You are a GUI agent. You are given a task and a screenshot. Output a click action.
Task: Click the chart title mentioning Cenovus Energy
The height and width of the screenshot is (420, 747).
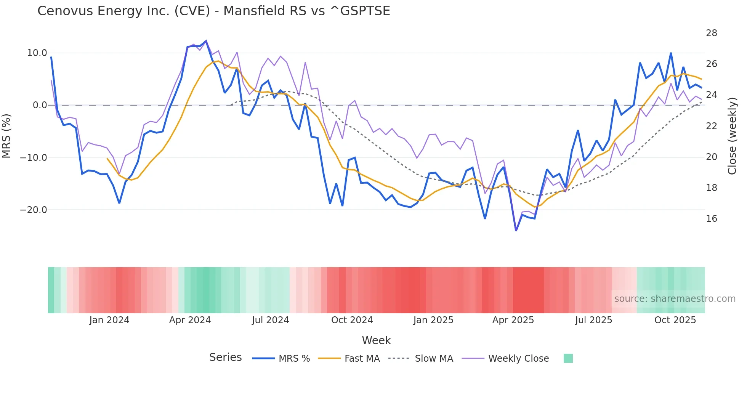pos(213,11)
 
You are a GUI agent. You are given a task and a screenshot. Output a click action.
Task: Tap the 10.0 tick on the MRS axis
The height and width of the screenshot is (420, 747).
pos(37,53)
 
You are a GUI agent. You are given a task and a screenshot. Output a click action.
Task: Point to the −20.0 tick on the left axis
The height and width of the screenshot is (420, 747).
pos(34,210)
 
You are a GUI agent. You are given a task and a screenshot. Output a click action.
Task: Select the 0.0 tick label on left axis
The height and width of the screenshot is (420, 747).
pos(40,105)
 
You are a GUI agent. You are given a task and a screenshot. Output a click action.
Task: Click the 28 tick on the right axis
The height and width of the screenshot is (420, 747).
pos(711,33)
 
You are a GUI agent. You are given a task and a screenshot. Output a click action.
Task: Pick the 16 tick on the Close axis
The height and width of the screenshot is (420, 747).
pos(711,219)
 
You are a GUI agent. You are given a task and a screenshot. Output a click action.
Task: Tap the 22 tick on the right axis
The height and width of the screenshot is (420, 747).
pos(711,126)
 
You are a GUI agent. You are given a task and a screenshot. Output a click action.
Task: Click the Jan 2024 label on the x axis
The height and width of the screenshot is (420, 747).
pos(109,320)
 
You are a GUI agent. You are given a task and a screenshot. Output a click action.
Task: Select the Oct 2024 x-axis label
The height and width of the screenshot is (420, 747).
pos(352,320)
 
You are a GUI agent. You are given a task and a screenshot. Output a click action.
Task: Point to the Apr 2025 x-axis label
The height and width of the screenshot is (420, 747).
pos(513,320)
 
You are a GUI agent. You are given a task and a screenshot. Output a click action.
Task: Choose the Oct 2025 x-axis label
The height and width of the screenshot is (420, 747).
pos(675,320)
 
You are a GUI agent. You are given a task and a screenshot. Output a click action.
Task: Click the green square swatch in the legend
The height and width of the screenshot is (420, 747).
pos(568,358)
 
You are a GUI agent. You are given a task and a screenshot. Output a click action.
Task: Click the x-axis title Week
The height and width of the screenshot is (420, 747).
pos(376,340)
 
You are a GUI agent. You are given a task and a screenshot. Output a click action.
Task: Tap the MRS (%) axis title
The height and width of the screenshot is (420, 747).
pos(6,136)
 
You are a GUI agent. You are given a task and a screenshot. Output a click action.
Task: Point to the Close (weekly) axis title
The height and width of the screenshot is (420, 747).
pos(732,136)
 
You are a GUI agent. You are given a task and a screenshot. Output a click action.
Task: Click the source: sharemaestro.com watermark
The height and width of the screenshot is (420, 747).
pos(675,299)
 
